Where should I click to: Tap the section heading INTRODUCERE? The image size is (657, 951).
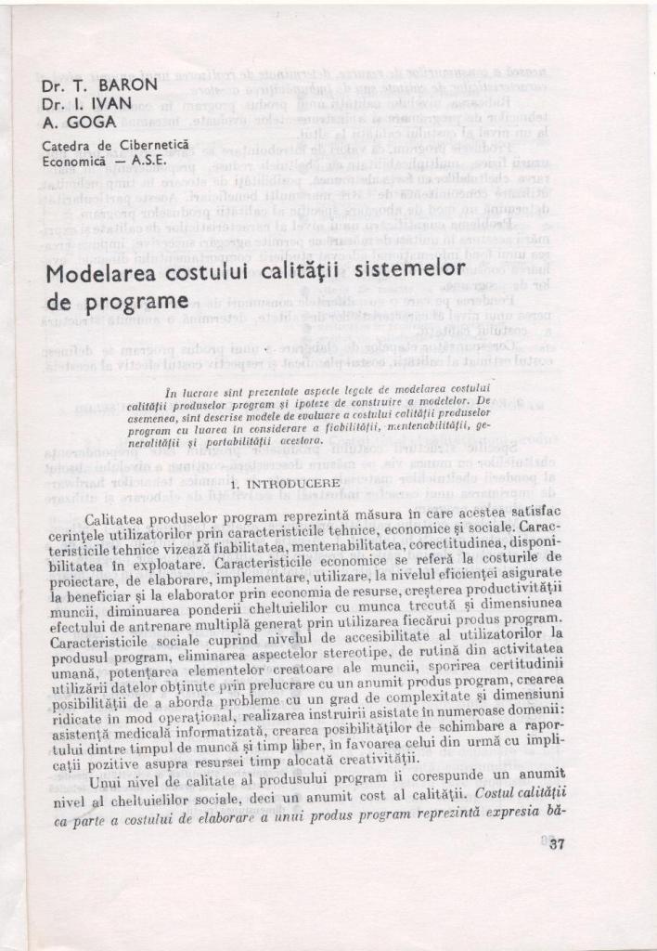(297, 484)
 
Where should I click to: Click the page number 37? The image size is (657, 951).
(556, 844)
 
